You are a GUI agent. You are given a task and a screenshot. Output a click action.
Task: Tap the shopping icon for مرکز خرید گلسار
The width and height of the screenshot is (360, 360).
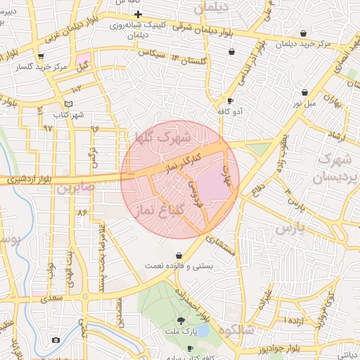point(41,56)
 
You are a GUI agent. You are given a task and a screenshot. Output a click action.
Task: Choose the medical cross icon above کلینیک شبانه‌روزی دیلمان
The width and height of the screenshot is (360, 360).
point(139,14)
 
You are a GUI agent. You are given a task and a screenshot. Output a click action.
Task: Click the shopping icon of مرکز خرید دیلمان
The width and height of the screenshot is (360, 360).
point(303,33)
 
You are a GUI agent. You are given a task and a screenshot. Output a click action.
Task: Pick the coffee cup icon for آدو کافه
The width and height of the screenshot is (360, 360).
point(230,101)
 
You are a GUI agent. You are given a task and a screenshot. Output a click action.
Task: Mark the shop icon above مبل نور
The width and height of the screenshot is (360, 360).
point(304,92)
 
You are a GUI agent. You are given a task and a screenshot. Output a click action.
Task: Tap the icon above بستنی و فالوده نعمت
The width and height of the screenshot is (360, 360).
point(179,255)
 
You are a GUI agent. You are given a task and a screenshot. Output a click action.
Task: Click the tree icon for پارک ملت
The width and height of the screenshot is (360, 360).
point(182,321)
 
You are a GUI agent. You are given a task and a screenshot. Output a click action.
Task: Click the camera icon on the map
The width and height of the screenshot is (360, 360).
point(56,340)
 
